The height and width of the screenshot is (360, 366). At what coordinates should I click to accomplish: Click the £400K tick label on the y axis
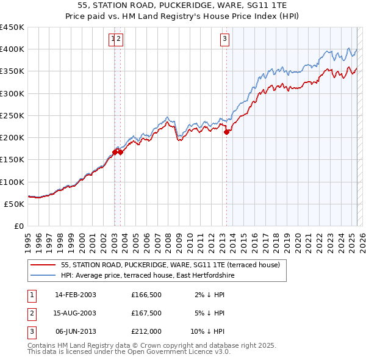[x=12, y=49]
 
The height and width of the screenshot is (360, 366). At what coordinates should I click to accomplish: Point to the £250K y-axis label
[x=12, y=115]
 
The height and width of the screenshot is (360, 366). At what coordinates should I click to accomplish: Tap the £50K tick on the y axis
[x=15, y=204]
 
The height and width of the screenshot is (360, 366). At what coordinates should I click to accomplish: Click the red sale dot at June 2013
[x=227, y=132]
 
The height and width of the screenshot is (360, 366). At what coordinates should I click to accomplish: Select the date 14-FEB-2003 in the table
[x=76, y=295]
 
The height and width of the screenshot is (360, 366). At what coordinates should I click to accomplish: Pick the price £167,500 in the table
[x=146, y=313]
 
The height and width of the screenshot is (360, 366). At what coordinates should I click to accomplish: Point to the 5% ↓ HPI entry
[x=210, y=313]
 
